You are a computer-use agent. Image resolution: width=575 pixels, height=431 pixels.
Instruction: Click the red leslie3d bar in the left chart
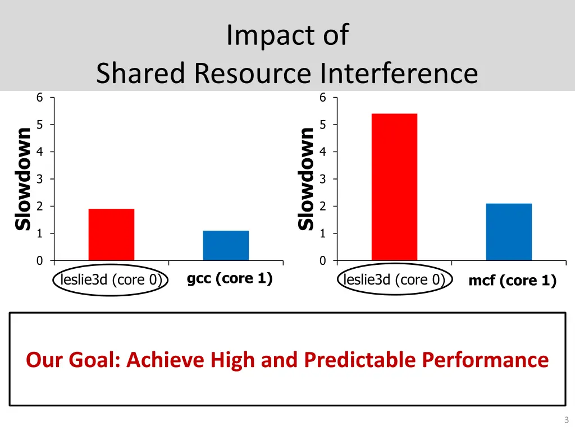pos(111,235)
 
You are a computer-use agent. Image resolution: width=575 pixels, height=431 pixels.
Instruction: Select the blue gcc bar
pos(226,245)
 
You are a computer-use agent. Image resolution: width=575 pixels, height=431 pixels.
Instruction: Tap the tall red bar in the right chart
pos(394,187)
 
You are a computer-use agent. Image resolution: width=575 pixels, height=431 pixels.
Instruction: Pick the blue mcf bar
pos(509,232)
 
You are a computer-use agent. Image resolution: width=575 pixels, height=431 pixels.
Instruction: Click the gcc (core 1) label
pos(229,278)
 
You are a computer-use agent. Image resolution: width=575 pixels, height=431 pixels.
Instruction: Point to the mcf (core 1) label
pos(512,281)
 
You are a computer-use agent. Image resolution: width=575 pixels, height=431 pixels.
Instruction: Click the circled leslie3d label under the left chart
pos(111,279)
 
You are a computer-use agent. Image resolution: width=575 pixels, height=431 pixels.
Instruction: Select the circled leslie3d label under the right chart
pos(394,279)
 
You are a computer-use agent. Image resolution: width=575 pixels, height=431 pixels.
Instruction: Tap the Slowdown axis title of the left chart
pos(23,178)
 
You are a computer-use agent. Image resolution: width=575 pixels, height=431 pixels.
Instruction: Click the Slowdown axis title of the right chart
pos(306,178)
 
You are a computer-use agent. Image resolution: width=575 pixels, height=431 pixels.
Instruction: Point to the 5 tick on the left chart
pos(39,125)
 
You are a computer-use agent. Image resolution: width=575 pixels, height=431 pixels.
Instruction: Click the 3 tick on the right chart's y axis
pos(322,179)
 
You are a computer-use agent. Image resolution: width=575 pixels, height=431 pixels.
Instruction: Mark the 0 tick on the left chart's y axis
pos(39,261)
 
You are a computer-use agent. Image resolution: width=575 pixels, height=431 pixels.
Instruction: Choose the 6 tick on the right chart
pos(322,98)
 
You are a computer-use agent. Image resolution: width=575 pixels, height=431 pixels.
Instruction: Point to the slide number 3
pos(566,420)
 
